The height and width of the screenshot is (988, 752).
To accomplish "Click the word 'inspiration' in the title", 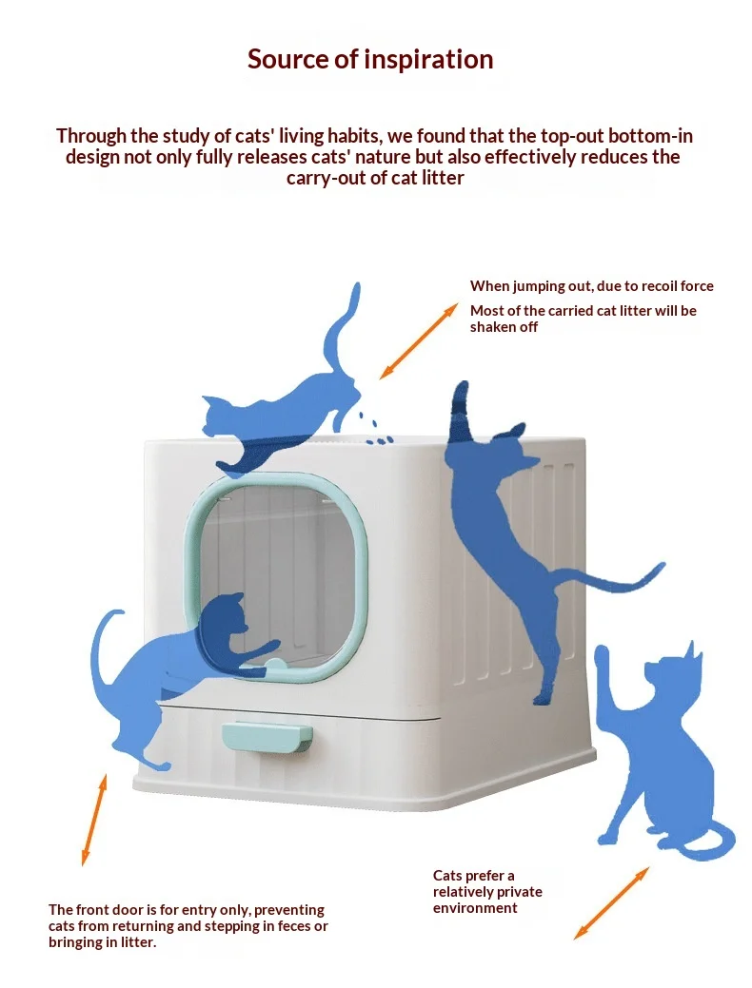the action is pos(429,60).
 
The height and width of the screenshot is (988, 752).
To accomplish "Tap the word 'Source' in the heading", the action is pos(287,59).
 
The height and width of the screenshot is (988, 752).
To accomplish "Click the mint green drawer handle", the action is pos(267,737).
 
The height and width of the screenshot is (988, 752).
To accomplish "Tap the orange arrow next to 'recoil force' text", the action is pos(418,340).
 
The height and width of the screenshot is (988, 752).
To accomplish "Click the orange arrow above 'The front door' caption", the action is pos(93,820).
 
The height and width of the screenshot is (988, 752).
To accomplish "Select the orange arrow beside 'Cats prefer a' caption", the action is pos(611,903).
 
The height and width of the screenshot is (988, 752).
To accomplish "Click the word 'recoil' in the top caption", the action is pos(660,286).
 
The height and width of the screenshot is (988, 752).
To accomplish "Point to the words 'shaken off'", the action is pos(505,327).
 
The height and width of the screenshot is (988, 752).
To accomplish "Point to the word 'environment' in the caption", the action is pos(475,908).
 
